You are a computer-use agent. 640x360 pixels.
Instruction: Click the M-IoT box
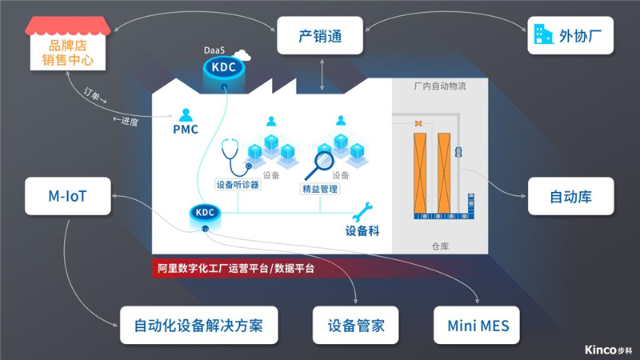click(67, 196)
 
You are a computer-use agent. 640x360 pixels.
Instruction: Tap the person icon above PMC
click(186, 114)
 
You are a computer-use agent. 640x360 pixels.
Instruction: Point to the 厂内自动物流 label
click(440, 86)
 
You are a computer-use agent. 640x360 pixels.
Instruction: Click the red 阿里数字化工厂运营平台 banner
click(236, 269)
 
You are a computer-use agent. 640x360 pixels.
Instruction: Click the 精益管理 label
click(319, 190)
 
